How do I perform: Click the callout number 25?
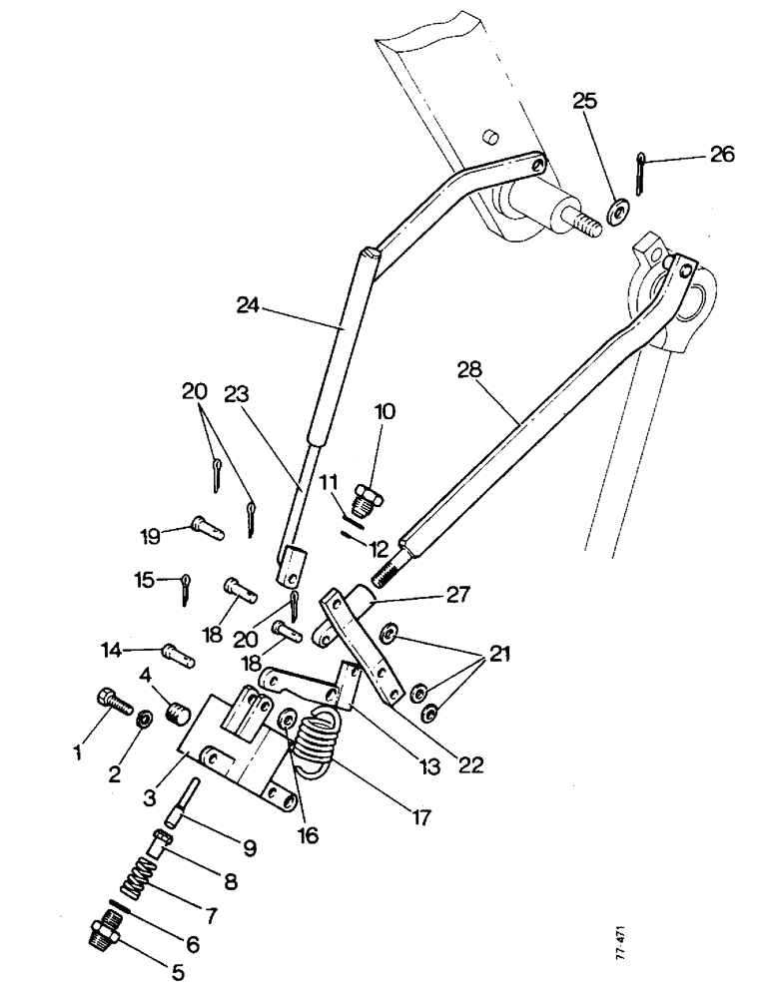point(585,102)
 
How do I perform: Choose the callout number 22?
point(470,765)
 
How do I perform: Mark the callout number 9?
point(249,849)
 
